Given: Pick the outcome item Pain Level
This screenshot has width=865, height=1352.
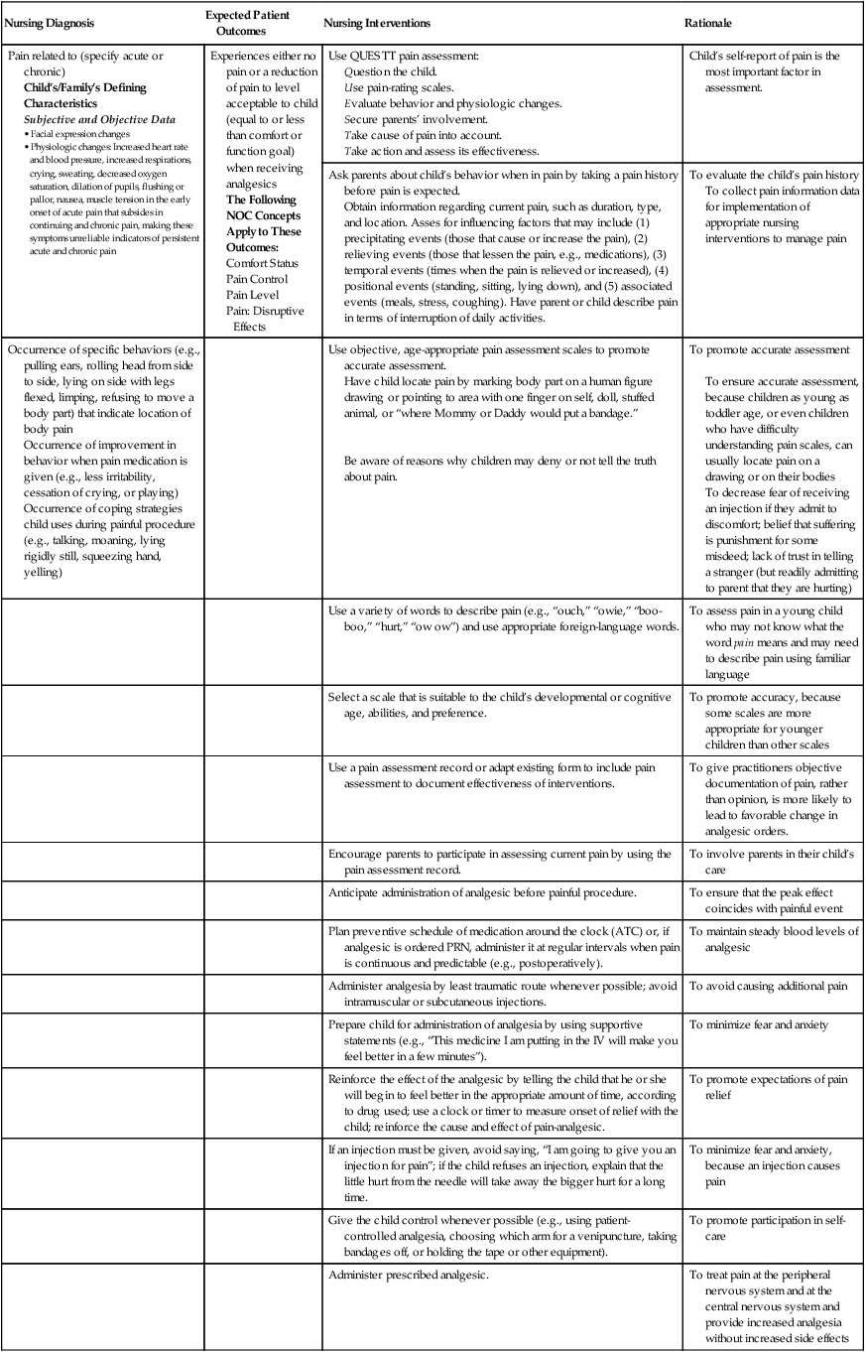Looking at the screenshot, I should coord(253,295).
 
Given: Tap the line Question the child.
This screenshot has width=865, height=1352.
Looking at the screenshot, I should coord(390,71).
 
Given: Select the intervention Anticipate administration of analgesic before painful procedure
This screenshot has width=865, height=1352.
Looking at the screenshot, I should coord(496,892).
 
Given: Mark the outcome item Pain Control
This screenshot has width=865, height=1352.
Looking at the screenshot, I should coord(257,279).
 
